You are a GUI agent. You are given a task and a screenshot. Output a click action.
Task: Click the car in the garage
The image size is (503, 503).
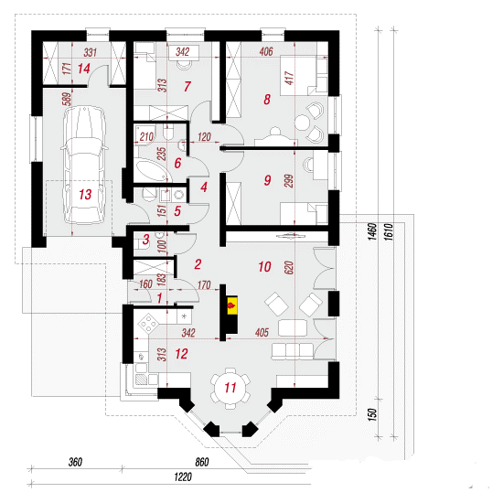pyautogui.click(x=84, y=166)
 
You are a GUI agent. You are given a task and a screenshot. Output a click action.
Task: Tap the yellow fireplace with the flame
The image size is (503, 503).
pyautogui.click(x=232, y=305)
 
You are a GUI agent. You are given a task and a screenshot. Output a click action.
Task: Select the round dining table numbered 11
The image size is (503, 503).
pyautogui.click(x=230, y=388)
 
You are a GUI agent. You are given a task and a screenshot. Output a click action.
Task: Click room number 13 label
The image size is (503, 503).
pyautogui.click(x=85, y=195)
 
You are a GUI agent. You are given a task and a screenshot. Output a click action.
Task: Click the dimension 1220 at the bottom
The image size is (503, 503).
pyautogui.click(x=183, y=477)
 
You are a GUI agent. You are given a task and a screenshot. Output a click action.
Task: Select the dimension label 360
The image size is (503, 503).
pyautogui.click(x=75, y=462)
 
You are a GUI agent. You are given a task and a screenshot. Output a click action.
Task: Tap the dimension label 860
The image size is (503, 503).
pyautogui.click(x=202, y=462)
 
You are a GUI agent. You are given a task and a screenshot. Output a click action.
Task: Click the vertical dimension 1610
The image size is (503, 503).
pyautogui.click(x=388, y=232)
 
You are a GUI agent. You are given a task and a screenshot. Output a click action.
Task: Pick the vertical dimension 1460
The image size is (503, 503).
pyautogui.click(x=372, y=232)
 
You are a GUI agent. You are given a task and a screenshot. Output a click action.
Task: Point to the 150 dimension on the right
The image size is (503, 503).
pyautogui.click(x=372, y=415)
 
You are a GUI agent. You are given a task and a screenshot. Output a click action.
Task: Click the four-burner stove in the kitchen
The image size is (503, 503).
pyautogui.click(x=148, y=324)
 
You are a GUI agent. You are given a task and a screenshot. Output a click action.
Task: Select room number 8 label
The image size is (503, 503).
pyautogui.click(x=267, y=100)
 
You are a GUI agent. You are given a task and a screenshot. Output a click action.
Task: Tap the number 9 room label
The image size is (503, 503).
pyautogui.click(x=267, y=180)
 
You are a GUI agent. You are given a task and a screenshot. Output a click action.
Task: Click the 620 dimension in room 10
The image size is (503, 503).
pyautogui.click(x=289, y=268)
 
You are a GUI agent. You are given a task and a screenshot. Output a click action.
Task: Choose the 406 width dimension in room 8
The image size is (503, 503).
pyautogui.click(x=266, y=51)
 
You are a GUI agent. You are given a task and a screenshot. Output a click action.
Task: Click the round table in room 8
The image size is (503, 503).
pyautogui.click(x=302, y=123)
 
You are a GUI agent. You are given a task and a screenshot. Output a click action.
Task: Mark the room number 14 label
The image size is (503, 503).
pyautogui.click(x=84, y=69)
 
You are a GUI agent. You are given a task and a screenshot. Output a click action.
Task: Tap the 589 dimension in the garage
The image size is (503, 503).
pyautogui.click(x=67, y=99)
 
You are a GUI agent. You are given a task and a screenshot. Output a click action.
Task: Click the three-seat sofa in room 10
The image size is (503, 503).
pyautogui.click(x=293, y=351)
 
